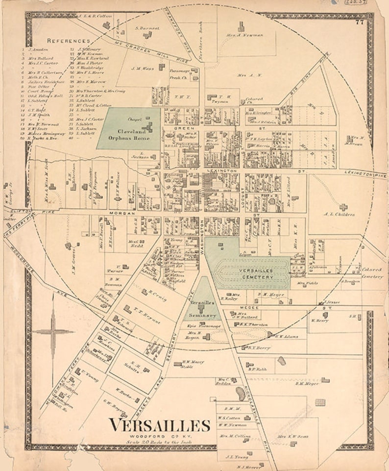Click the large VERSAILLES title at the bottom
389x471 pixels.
tap(159, 425)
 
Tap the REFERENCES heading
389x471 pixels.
tap(68, 41)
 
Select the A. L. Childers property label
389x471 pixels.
tap(340, 214)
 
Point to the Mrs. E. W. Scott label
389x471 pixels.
tap(292, 436)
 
